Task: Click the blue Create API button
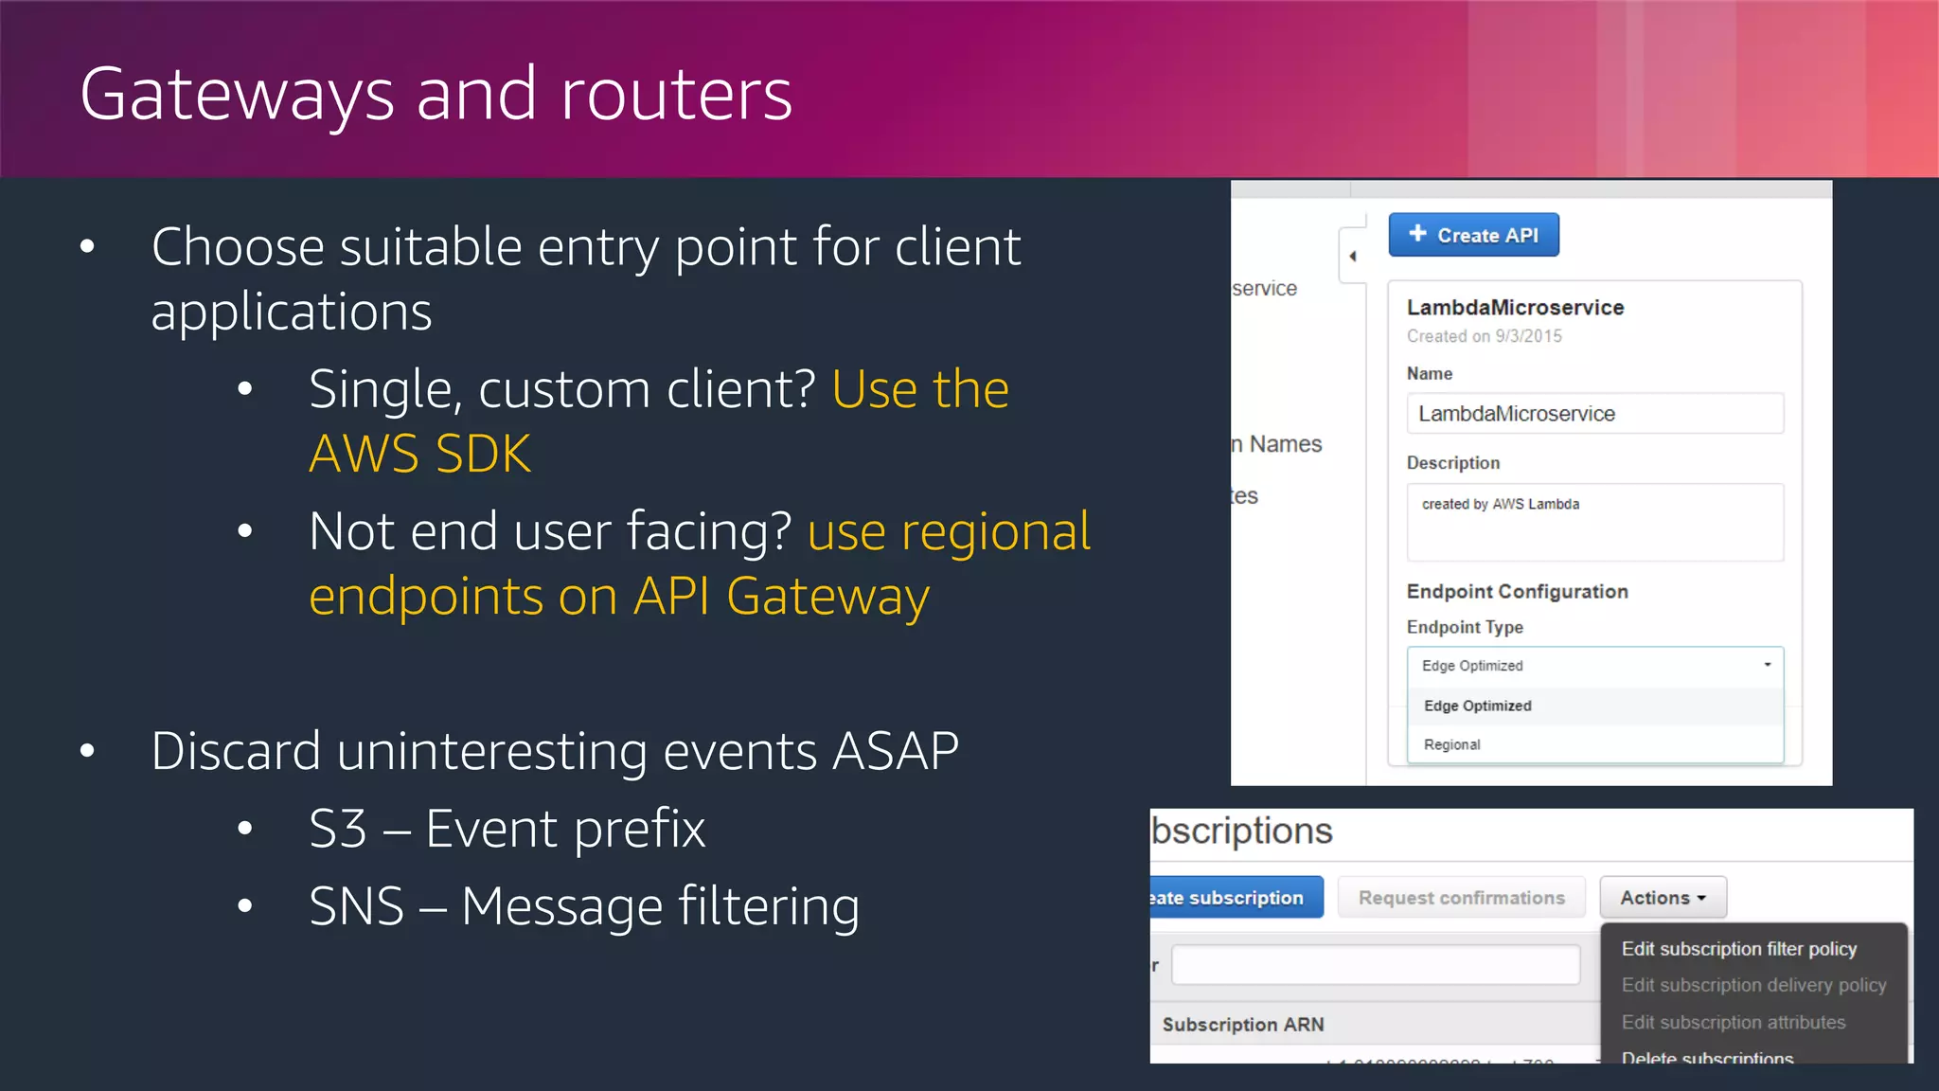[1473, 235]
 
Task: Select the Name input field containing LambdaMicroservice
[1594, 414]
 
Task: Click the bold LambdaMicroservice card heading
[1515, 308]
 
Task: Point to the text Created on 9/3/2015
[1484, 336]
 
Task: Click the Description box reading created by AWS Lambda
[1594, 522]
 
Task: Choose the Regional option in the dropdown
[1452, 744]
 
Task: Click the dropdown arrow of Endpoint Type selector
[1767, 665]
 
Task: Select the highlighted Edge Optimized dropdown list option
[1477, 706]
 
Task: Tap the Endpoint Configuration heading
[1517, 592]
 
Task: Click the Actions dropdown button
[1663, 898]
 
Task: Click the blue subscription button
[1234, 898]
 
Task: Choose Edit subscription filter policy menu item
[1738, 949]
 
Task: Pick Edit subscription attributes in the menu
[1733, 1023]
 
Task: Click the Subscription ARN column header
[1242, 1025]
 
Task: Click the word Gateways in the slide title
[237, 95]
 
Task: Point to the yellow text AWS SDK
[419, 455]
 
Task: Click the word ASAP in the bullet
[895, 752]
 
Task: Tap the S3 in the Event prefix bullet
[338, 830]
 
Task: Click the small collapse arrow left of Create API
[1352, 256]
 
